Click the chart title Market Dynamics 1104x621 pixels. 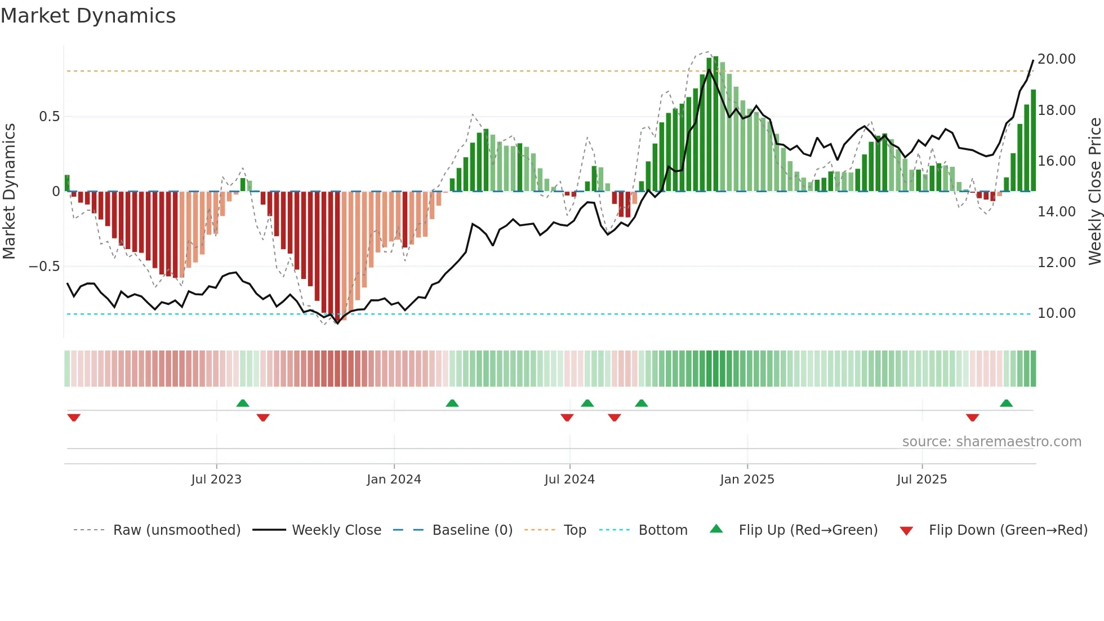click(x=88, y=16)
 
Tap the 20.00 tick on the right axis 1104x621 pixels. click(x=1056, y=59)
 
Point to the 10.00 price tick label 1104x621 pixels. click(x=1056, y=313)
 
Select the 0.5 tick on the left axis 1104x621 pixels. click(x=49, y=117)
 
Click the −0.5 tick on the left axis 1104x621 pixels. click(x=44, y=266)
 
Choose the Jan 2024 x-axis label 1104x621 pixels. click(x=394, y=480)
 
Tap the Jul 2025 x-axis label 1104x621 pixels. click(x=922, y=480)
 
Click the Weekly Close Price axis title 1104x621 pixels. click(x=1094, y=191)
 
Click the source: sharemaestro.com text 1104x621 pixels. click(x=991, y=442)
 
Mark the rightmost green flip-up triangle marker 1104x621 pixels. click(x=1006, y=403)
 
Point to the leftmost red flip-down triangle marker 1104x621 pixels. click(x=74, y=417)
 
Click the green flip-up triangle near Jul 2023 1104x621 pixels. click(x=243, y=403)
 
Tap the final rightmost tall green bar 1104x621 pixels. click(x=1033, y=141)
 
